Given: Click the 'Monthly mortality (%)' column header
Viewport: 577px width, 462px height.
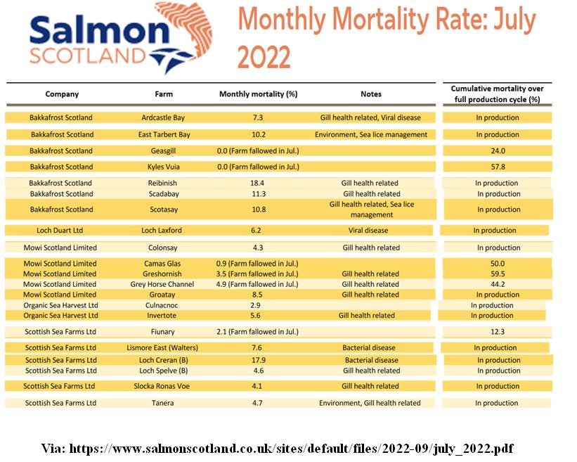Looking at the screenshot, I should coord(258,94).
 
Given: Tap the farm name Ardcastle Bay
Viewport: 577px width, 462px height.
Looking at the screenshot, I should coord(163,117).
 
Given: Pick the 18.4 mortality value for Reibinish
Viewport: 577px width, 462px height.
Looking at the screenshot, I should coord(258,183).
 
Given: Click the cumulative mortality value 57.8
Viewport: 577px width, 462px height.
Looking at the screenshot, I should coord(497,167).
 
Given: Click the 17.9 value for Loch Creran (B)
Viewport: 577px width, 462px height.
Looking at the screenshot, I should coord(258,360).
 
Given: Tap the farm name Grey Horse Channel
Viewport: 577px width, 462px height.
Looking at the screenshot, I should coord(163,284).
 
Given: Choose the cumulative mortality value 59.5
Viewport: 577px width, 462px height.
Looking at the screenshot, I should coord(497,274).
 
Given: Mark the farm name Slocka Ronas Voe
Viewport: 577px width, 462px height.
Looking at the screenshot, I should coord(162,386).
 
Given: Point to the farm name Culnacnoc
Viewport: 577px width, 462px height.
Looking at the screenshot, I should coord(162,305).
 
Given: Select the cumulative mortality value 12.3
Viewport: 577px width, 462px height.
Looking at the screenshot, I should coord(497,331).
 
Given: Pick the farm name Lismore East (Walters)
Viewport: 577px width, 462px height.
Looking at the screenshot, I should coord(162,347).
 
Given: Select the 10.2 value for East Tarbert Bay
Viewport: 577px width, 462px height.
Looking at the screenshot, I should coord(258,134).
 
